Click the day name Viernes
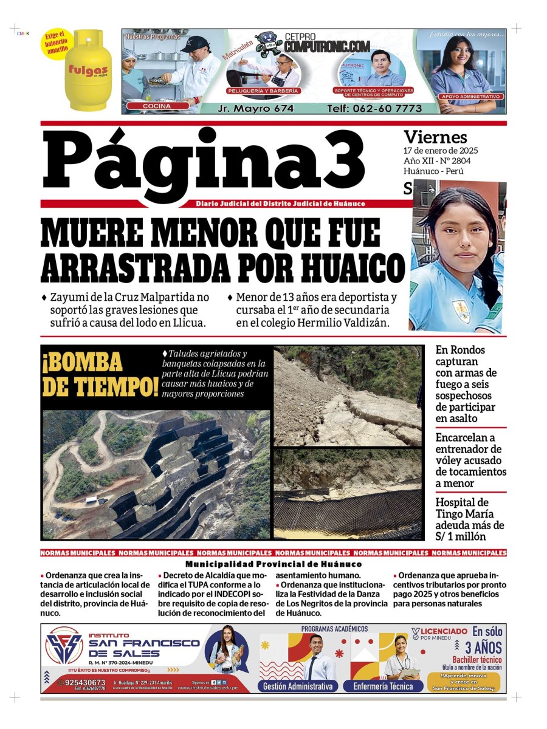[x=435, y=137]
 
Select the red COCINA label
[x=156, y=106]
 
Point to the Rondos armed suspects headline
[x=466, y=384]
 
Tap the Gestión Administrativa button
[x=298, y=686]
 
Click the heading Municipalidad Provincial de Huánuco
[x=273, y=564]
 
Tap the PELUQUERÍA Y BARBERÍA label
[x=263, y=91]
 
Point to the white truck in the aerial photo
[x=93, y=501]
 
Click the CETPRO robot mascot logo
[x=267, y=43]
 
